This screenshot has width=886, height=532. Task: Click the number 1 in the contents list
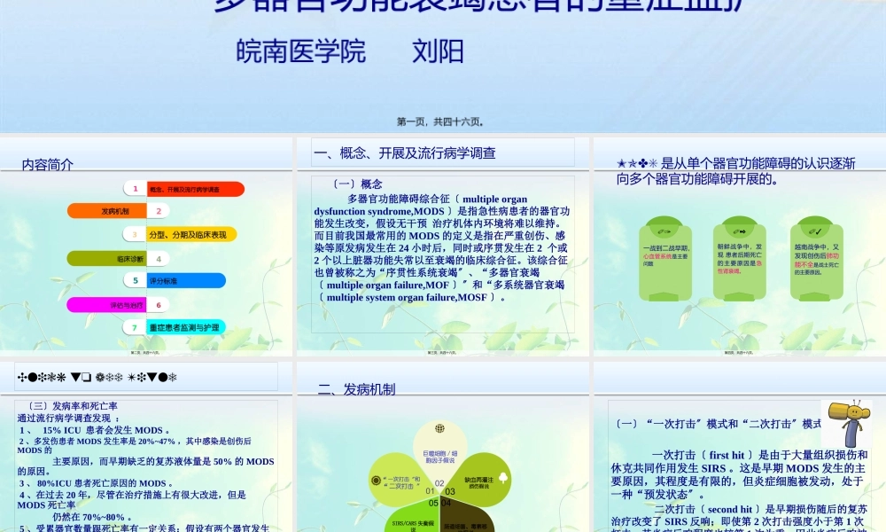coord(136,189)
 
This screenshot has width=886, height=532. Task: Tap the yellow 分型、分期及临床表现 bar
coord(187,234)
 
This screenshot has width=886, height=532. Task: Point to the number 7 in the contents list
coord(135,327)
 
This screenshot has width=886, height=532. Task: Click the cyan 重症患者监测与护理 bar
coord(185,327)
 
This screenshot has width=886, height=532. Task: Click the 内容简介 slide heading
coord(48,164)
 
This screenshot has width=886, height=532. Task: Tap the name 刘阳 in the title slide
coord(438,51)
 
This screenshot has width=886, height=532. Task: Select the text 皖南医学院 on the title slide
coord(301,51)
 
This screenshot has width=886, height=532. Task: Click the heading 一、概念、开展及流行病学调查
coord(405,153)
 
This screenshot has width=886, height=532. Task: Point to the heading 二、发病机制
coord(356,389)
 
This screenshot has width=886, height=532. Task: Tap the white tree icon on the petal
coord(503,477)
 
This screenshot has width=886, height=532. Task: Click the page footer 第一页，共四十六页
coord(439,121)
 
